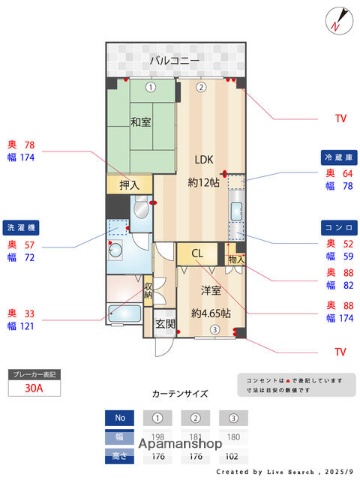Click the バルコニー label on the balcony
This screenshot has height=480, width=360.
tap(175, 61)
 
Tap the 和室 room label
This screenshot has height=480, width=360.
tap(140, 124)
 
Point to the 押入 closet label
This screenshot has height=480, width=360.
tap(130, 185)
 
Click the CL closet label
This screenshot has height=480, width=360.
tap(198, 253)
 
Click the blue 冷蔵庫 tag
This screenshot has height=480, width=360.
tap(336, 158)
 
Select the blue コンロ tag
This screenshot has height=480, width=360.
tap(336, 228)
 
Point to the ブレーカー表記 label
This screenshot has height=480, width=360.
tap(37, 374)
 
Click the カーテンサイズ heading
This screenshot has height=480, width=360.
tap(179, 394)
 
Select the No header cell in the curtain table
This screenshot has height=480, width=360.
tap(120, 417)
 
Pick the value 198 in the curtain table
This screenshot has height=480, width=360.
tap(157, 437)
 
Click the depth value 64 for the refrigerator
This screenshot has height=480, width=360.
tap(347, 173)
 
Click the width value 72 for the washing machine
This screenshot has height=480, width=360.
tap(29, 257)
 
